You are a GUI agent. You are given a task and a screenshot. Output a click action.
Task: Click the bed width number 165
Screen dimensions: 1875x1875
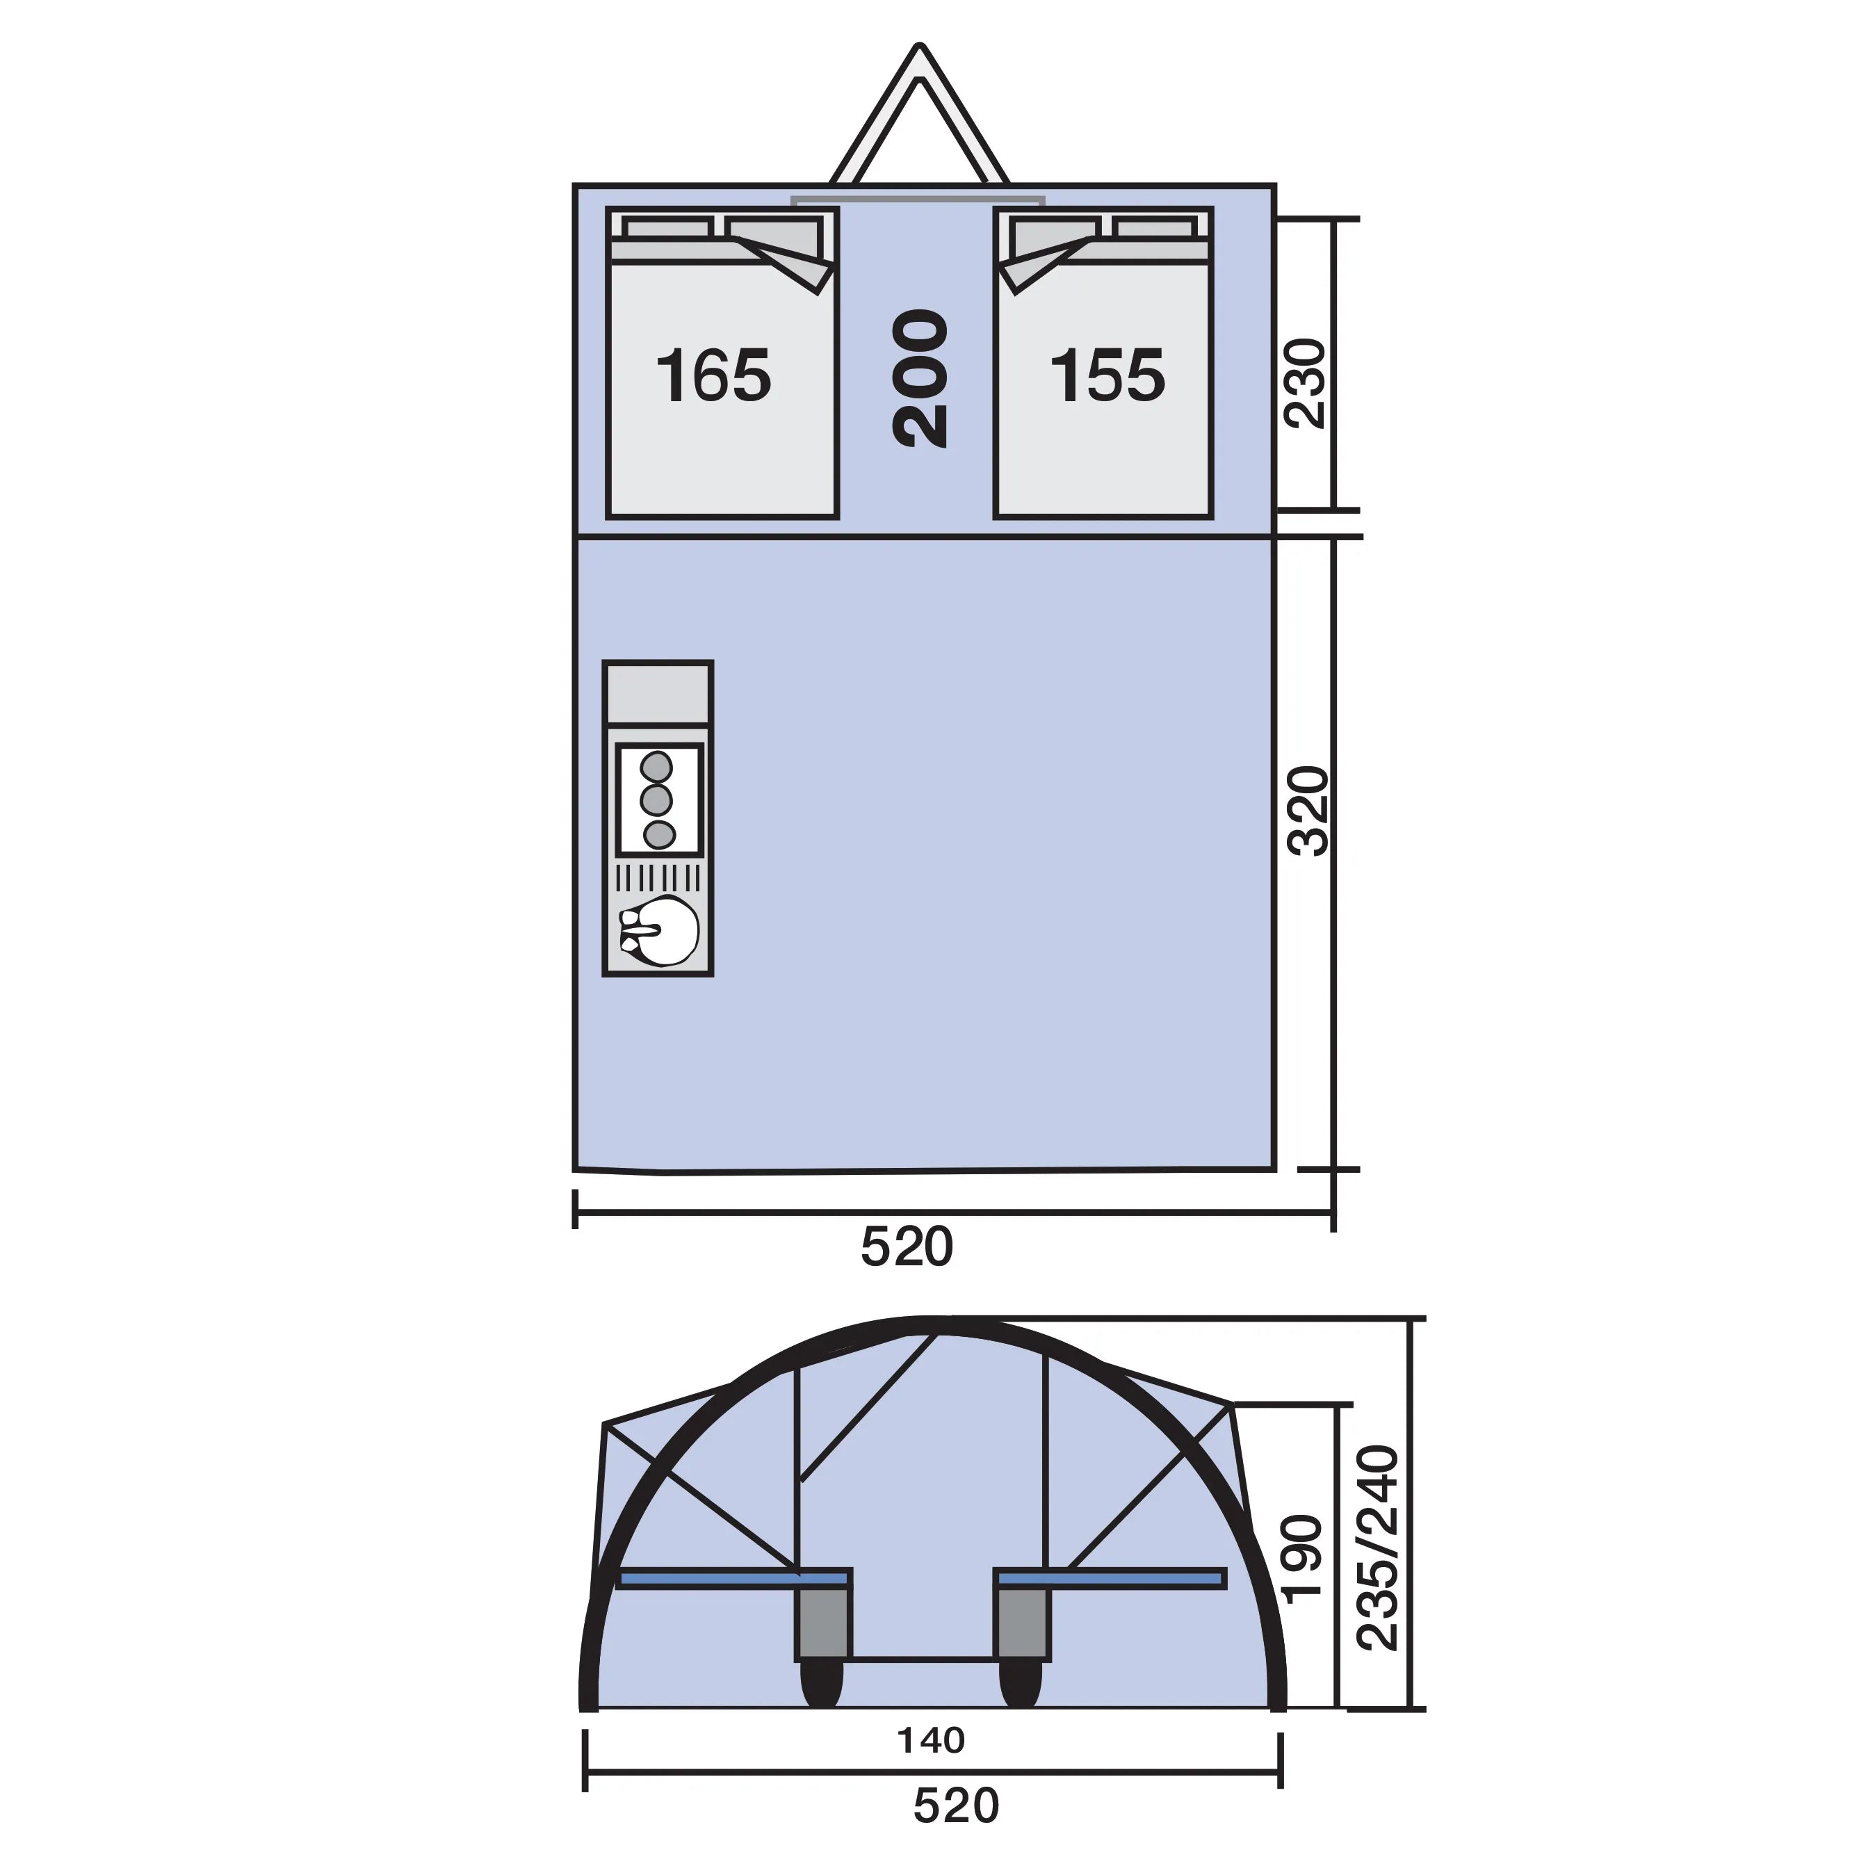coord(713,377)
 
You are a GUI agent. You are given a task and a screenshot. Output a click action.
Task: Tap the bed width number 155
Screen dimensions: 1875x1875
coord(1107,377)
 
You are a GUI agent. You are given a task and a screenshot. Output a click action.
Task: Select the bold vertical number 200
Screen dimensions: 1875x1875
coord(919,378)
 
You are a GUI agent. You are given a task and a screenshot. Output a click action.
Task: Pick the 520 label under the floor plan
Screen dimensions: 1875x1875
coord(907,1247)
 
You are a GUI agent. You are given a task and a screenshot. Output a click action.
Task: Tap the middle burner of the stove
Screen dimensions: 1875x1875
coord(657,799)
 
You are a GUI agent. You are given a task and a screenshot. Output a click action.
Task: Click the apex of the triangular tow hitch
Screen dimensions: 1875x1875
coord(919,49)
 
